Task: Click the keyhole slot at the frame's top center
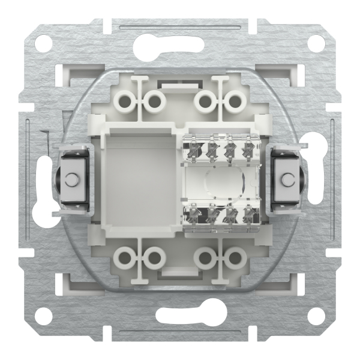coord(180,43)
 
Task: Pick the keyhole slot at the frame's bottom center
coord(180,317)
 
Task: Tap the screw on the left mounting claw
coord(73,179)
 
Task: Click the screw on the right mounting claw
coord(287,179)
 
